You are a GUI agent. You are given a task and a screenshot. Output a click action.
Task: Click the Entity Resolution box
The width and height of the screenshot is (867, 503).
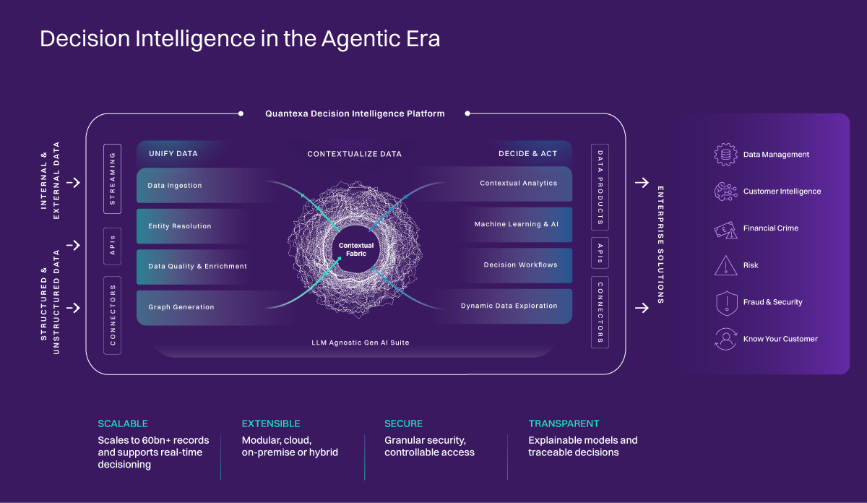coord(194,226)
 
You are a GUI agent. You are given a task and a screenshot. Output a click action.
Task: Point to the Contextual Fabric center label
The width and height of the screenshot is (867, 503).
coord(356,249)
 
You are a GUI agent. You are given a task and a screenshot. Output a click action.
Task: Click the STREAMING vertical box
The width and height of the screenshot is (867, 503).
coord(112,179)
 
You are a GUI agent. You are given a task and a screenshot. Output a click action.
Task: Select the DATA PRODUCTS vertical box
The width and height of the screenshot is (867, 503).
coord(600,187)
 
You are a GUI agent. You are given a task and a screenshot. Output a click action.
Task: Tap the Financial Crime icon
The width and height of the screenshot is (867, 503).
coord(725,230)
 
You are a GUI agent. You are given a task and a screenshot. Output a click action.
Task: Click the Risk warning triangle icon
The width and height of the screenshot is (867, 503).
coord(725,266)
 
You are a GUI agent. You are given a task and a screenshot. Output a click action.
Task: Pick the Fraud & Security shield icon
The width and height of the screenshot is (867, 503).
coord(727,304)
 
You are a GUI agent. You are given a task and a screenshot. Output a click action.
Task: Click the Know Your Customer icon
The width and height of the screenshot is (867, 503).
coord(725,339)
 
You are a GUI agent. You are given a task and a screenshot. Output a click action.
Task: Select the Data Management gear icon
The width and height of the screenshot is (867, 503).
coord(725,155)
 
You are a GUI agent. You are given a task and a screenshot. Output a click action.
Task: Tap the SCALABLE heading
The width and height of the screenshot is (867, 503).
coord(123,424)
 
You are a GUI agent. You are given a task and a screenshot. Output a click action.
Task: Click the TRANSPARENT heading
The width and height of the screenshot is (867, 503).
coord(564,424)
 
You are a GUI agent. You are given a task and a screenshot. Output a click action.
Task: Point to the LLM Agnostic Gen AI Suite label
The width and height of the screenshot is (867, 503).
coord(361,343)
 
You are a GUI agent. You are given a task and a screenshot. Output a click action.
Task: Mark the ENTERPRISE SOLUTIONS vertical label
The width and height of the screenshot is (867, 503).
coord(660,245)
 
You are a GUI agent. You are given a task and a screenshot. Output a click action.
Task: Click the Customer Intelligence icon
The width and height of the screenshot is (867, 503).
coord(725,192)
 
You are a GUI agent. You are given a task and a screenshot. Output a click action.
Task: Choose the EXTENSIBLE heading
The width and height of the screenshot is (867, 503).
coord(271,424)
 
